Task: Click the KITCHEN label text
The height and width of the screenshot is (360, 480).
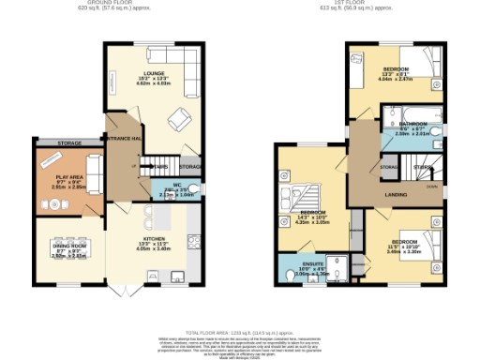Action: [146, 240]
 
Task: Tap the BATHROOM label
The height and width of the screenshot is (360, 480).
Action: [412, 125]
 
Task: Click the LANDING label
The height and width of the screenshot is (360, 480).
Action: [394, 194]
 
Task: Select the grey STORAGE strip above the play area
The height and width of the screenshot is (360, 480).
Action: [68, 143]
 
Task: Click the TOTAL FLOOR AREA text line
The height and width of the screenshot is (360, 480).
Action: [240, 333]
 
